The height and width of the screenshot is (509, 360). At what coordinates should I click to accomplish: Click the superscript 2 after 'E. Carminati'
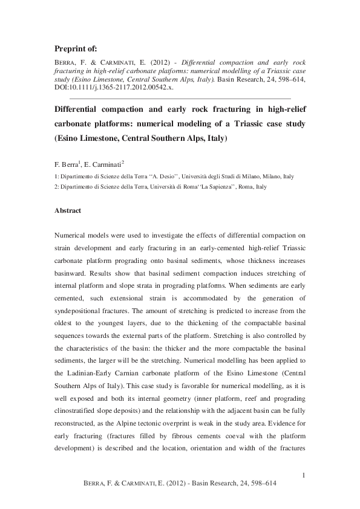point(123,161)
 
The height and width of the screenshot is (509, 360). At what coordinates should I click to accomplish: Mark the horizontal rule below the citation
point(180,98)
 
